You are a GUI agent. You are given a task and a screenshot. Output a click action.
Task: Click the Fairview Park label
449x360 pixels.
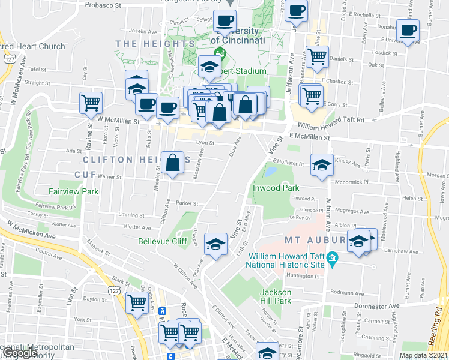(x=74, y=191)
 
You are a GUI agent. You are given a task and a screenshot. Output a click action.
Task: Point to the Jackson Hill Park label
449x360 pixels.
(x=276, y=296)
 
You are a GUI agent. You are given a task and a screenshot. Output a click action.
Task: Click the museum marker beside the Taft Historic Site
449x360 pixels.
(x=334, y=259)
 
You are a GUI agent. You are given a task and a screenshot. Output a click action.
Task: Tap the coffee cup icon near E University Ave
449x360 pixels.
(x=408, y=30)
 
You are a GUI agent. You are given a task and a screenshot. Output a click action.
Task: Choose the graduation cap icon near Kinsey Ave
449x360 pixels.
(x=322, y=164)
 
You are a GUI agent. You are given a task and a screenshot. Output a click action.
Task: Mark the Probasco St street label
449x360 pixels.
(x=102, y=4)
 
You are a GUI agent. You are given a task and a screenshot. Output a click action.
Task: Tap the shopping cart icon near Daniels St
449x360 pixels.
(x=318, y=56)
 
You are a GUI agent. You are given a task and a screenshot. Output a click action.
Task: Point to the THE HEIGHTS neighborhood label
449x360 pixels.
(x=155, y=44)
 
